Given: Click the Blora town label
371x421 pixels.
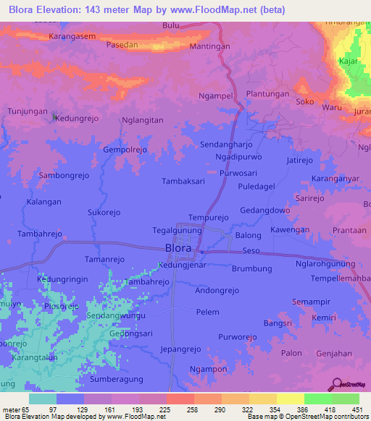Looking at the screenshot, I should (x=178, y=248).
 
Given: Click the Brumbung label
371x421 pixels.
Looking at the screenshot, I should (x=251, y=268).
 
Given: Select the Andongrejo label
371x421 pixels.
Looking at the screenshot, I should (x=217, y=290).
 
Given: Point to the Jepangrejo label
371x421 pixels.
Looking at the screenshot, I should (x=180, y=349).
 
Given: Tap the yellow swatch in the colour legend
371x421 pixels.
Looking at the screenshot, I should (x=290, y=399).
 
